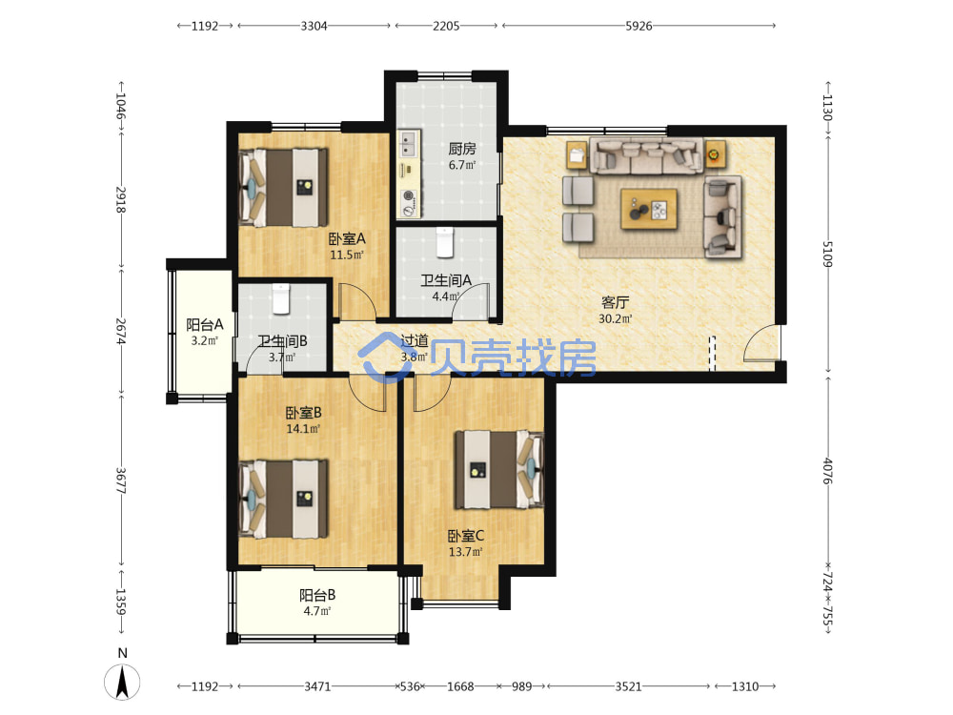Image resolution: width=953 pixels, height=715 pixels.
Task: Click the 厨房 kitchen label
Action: click(462, 149)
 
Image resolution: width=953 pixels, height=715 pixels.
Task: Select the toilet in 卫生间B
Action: click(280, 299)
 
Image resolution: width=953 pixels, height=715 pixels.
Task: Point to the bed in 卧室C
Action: click(499, 469)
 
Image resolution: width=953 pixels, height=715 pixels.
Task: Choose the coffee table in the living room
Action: click(648, 209)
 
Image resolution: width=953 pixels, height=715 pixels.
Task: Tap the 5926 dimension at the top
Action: click(639, 26)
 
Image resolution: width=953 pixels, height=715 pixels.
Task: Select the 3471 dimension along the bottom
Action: click(317, 686)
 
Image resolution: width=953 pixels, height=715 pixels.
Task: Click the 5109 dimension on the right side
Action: click(827, 255)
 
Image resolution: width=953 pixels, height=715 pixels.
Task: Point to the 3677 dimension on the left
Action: click(121, 480)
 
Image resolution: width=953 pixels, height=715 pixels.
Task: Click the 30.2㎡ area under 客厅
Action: click(615, 318)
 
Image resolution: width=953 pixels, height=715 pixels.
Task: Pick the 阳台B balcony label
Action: click(317, 595)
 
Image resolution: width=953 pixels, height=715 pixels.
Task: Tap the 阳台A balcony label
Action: click(205, 325)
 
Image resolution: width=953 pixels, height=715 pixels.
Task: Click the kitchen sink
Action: click(409, 145)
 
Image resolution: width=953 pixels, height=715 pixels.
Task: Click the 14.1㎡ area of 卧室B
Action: click(303, 429)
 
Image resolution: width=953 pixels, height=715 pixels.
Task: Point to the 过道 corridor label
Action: click(416, 341)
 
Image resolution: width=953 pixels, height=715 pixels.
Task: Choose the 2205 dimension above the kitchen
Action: click(446, 26)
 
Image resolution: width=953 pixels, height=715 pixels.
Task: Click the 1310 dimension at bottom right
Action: click(745, 686)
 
